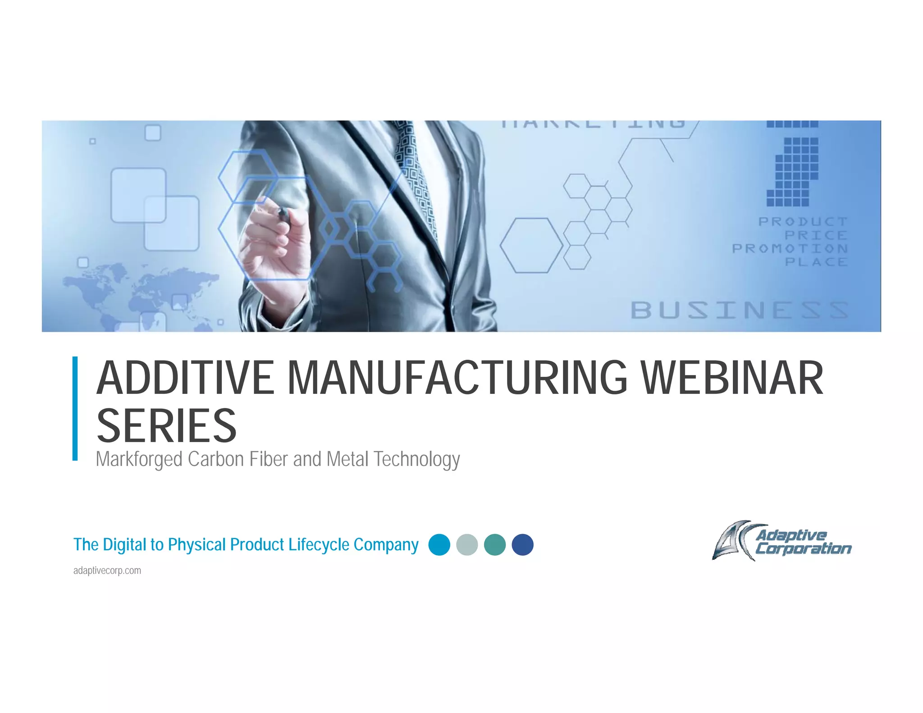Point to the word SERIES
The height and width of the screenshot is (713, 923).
point(166,425)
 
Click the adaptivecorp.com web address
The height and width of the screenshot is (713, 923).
point(107,571)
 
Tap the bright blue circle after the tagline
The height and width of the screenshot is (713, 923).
point(439,544)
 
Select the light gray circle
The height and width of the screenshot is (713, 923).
point(467,544)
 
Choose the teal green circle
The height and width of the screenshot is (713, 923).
point(495,544)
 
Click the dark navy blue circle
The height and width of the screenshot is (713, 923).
point(523,544)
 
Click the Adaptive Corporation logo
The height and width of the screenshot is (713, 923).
point(781,541)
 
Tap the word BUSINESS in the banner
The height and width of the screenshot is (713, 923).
point(739,310)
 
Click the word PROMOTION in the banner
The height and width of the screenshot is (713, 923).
point(790,248)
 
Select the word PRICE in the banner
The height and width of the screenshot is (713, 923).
point(816,235)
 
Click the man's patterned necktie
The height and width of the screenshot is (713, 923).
point(417,180)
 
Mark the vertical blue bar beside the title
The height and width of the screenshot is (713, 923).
point(75,408)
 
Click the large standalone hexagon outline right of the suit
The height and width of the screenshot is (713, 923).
point(532,245)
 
